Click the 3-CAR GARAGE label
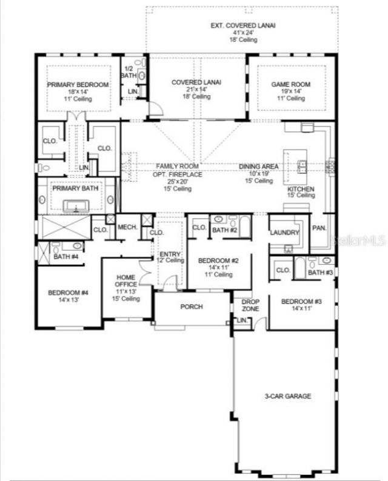287,396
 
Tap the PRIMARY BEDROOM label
79,85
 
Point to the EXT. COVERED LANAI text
242,26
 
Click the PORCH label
192,307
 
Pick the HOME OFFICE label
126,282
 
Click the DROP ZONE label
251,305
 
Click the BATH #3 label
319,273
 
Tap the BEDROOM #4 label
69,293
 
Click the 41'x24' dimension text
242,33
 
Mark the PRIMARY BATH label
75,188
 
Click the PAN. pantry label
319,228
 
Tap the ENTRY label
167,254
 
